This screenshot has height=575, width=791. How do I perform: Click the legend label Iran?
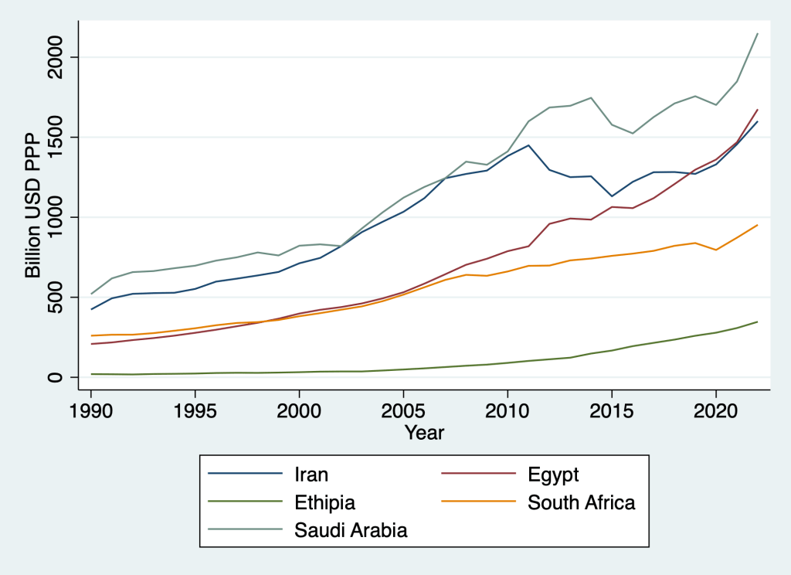[x=311, y=475]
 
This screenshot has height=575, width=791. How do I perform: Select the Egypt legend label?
[x=553, y=475]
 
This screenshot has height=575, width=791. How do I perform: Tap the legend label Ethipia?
[x=325, y=502]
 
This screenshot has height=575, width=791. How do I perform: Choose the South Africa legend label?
[x=581, y=502]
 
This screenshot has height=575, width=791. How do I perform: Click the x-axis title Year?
[x=425, y=433]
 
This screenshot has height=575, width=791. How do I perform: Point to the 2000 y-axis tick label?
[x=63, y=57]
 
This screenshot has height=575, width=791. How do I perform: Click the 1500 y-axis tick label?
[x=63, y=138]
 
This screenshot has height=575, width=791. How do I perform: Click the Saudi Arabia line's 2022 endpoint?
[x=758, y=33]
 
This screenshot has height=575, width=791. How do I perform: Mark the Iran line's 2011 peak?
[x=528, y=145]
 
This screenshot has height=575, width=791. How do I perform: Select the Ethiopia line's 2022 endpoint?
[x=758, y=322]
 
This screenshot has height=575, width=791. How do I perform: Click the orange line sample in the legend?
[x=475, y=502]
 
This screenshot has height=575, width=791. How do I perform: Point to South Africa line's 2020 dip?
[x=716, y=250]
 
